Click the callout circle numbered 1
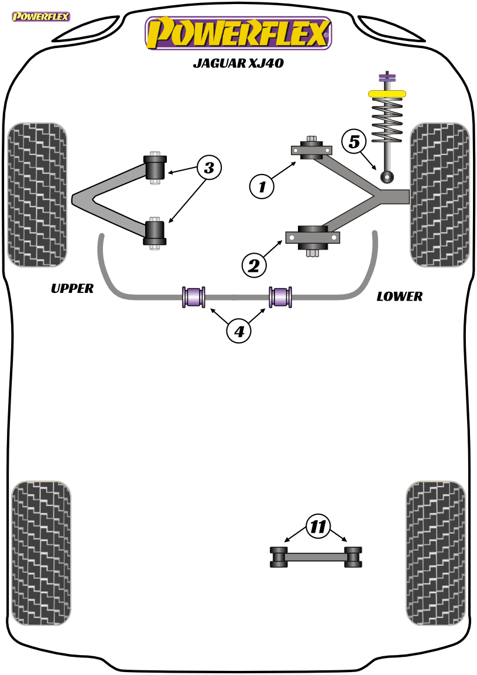coord(262,186)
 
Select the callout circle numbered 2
coord(254,265)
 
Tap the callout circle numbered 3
coord(209,168)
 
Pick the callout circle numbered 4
coord(239,331)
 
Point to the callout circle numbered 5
coord(354,141)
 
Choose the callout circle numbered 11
coord(318,527)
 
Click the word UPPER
coord(72,288)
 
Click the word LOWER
coord(400,296)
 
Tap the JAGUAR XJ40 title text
coord(238,63)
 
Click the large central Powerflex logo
coord(238,33)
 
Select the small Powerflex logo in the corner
coord(41,17)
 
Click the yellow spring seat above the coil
coord(387,93)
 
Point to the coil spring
coord(387,121)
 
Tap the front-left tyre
coord(37,195)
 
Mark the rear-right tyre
coord(435,554)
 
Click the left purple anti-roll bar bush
coord(194,297)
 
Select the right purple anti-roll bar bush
coord(281,297)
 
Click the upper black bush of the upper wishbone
coord(155,168)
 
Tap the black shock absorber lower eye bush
coord(387,176)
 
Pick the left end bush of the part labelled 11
coord(279,557)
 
